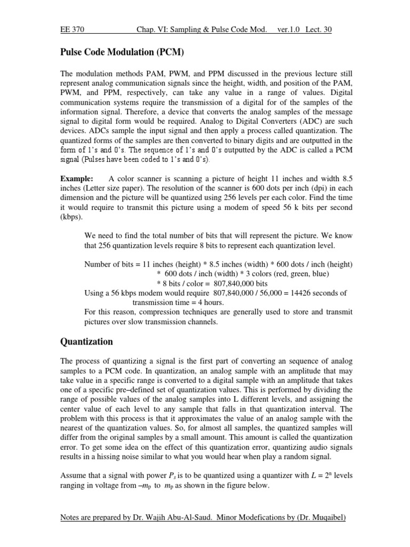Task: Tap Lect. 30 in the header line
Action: coord(319,30)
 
